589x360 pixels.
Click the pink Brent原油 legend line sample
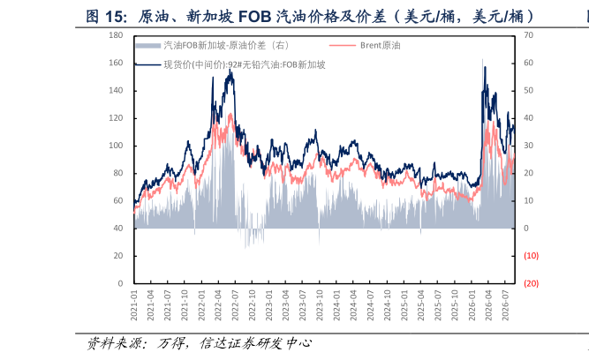[x=343, y=45]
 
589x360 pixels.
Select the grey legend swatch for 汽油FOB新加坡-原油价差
[x=148, y=45]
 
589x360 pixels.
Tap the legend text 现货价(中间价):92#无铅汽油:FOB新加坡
[x=245, y=65]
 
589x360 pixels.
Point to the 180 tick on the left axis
[x=116, y=35]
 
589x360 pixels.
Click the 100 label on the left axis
[x=116, y=146]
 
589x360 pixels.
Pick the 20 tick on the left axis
[x=118, y=256]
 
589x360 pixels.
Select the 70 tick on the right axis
[x=529, y=35]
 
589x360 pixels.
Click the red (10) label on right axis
[x=531, y=256]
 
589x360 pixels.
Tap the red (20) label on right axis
[x=531, y=283]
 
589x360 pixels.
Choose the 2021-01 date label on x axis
[x=134, y=305]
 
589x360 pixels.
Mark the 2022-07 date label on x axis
[x=235, y=305]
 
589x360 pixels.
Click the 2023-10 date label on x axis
[x=320, y=305]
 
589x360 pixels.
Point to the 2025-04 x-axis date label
[x=420, y=305]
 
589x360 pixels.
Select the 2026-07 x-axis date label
[x=505, y=305]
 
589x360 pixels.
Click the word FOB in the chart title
[x=254, y=17]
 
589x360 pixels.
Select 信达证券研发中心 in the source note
[x=255, y=343]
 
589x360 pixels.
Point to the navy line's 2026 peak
[x=485, y=67]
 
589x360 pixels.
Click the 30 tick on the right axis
[x=529, y=146]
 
